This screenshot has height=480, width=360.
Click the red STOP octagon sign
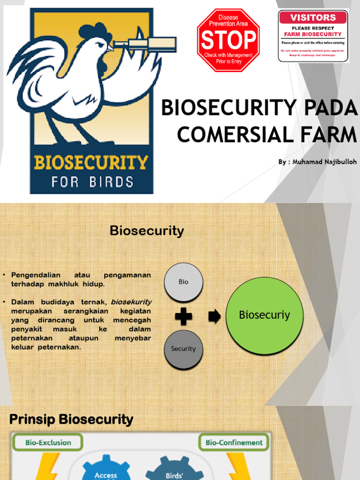[x=228, y=40]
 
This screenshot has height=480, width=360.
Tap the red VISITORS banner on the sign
[x=313, y=18]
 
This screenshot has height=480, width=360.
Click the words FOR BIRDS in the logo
[x=92, y=181]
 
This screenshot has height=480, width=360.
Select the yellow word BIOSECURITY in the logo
[x=91, y=163]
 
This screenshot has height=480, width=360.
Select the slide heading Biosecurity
[x=147, y=231]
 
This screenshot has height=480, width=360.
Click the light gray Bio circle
[x=183, y=282]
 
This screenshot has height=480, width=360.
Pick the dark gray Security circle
[x=183, y=349]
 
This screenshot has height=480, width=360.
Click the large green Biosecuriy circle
[x=264, y=315]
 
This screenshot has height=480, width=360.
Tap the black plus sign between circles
[x=183, y=317]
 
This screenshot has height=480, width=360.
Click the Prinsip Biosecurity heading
[x=71, y=420]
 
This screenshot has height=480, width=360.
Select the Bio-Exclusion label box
[x=48, y=442]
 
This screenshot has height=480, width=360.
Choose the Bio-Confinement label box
[x=234, y=442]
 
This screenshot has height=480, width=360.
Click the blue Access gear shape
[x=106, y=469]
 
